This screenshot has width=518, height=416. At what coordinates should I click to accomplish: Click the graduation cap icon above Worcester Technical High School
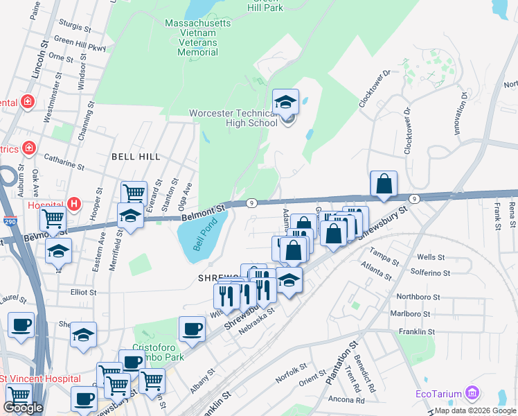click(285, 103)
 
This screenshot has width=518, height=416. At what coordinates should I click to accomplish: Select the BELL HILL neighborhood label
click(136, 157)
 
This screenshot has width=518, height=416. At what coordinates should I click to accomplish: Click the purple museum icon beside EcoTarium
click(473, 394)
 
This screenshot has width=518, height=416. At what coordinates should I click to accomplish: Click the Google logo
click(23, 408)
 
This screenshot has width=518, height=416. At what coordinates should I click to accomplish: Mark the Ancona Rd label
click(346, 400)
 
